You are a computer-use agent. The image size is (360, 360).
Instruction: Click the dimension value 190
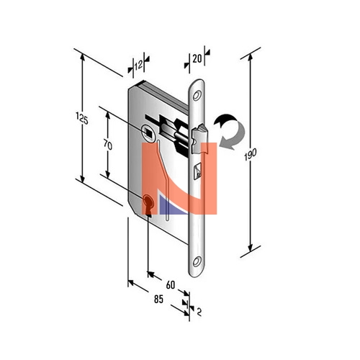tap(251, 154)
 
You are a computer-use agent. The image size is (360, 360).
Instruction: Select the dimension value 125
tap(82, 118)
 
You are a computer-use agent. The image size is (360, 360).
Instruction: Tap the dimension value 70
tap(108, 145)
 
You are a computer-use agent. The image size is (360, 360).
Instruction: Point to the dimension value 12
tap(138, 65)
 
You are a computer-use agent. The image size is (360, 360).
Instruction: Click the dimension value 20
tap(197, 58)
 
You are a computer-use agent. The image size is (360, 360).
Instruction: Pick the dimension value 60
tap(171, 285)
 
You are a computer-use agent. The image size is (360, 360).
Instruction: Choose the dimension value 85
tap(158, 300)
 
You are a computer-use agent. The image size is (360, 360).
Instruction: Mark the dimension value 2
tap(199, 312)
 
